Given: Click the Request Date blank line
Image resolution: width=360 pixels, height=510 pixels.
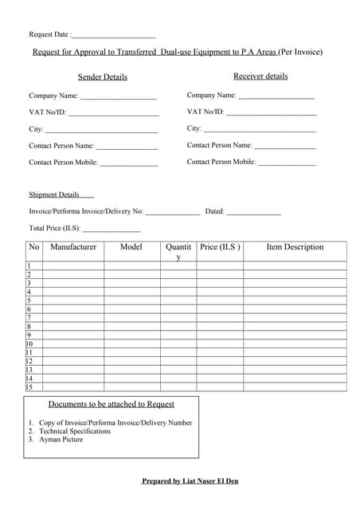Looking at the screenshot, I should click(114, 37).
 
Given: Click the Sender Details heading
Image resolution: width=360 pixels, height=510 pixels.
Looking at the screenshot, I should click(102, 77).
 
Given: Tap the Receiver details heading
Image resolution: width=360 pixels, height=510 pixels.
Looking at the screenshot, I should click(260, 76).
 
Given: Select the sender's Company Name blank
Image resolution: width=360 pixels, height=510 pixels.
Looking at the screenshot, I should click(118, 97).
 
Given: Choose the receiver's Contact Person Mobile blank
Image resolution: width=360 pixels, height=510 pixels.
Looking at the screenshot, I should click(286, 163).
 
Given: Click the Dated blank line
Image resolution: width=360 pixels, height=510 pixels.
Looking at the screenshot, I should click(253, 214).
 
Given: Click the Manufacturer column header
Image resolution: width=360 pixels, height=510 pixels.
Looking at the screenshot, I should click(73, 247).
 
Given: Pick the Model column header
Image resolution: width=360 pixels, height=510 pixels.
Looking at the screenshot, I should click(131, 247).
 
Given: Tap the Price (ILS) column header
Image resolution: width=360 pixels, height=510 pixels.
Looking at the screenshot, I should click(220, 247).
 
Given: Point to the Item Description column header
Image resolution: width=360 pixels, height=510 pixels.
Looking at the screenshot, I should click(295, 247).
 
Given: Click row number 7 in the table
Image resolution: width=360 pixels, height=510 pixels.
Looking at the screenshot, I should click(29, 318).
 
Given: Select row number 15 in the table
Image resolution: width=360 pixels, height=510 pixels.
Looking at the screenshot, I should click(29, 387).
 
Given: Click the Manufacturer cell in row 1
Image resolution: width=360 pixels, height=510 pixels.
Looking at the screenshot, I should click(73, 266).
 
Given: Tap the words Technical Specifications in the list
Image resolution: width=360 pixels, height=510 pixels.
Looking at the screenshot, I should click(75, 431).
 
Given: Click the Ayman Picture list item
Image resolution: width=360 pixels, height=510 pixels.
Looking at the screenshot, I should click(61, 439).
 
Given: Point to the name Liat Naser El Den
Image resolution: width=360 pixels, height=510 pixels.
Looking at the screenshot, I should click(207, 481).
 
